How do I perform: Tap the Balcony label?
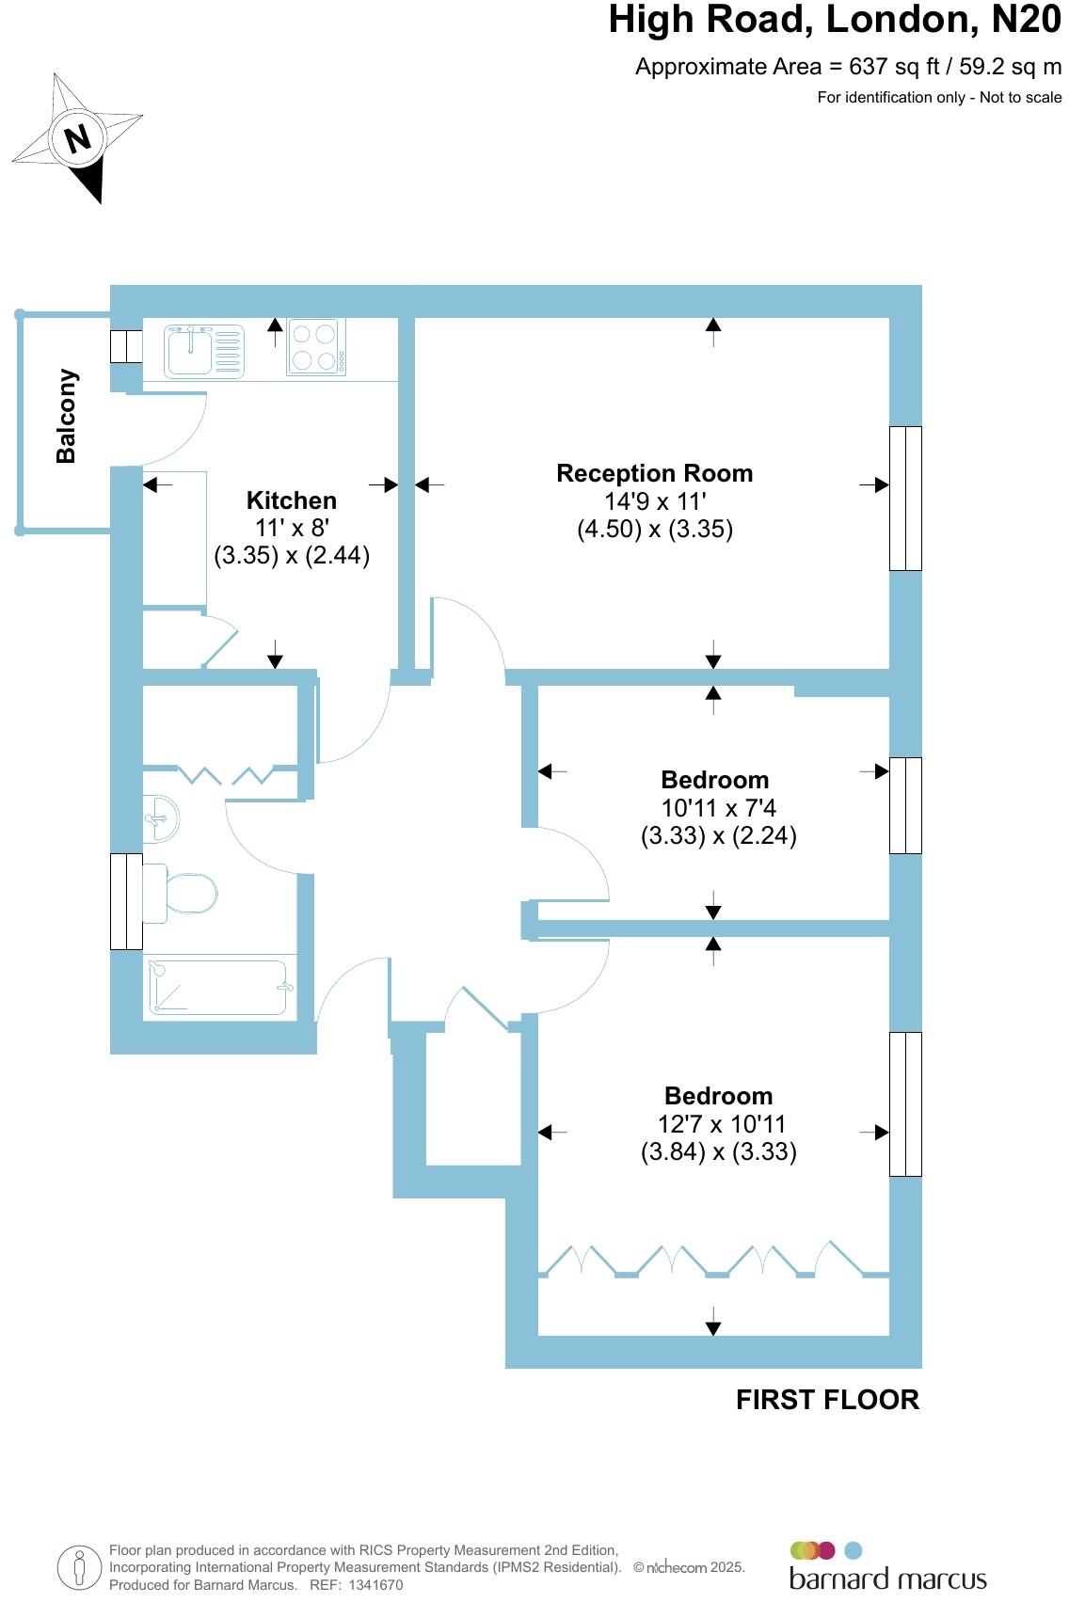click(66, 416)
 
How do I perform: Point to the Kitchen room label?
click(291, 500)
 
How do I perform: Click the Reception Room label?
click(654, 473)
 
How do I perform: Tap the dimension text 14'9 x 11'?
click(654, 501)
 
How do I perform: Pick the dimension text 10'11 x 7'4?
click(718, 807)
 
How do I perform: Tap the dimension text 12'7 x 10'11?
click(721, 1123)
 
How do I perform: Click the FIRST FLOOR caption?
click(827, 1400)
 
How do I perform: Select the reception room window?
click(905, 499)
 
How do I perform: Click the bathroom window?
click(126, 901)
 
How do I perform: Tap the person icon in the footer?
click(79, 1568)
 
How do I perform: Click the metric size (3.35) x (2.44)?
click(292, 555)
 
